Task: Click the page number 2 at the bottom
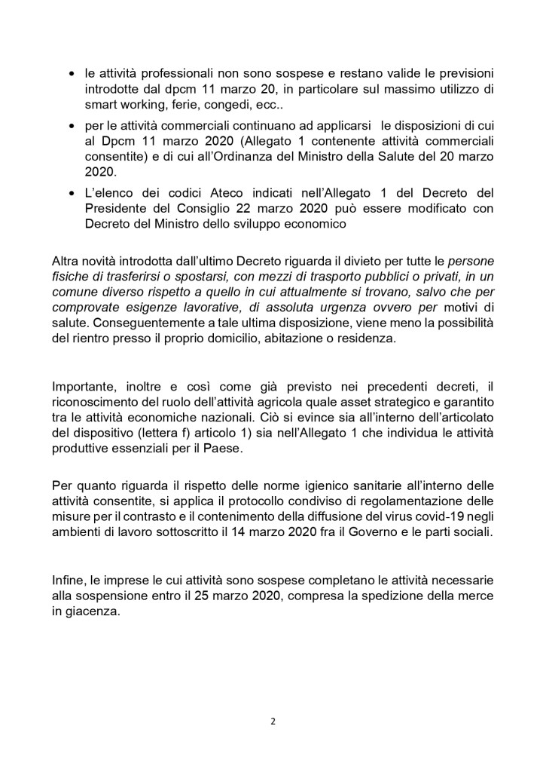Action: click(x=273, y=721)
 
